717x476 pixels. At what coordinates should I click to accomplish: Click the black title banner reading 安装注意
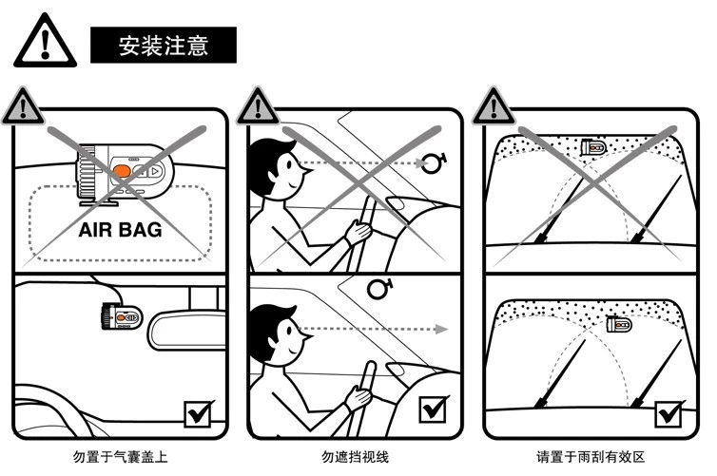163,45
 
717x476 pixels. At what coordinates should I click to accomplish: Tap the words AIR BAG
120,230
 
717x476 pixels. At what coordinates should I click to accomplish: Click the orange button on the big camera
121,172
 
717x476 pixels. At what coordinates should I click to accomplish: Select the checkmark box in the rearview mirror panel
199,412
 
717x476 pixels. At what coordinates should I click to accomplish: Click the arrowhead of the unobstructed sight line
441,330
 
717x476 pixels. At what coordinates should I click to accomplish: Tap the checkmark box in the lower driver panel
434,409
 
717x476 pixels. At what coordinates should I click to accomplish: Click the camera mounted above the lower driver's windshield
378,286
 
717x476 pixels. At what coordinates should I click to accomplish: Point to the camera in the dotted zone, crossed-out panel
591,146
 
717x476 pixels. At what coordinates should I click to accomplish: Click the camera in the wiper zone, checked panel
619,324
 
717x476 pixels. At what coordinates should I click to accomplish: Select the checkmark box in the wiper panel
669,412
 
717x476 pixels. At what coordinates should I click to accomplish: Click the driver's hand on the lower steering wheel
358,397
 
